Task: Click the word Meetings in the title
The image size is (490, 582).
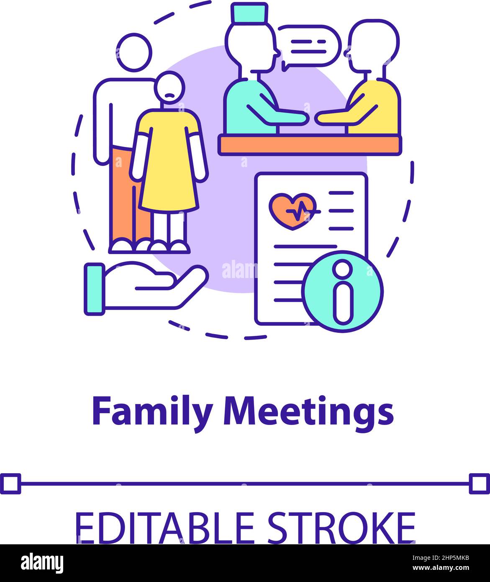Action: pos(308,412)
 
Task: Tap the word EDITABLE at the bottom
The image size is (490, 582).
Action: pos(164,527)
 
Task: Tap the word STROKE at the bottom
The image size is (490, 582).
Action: pos(341,527)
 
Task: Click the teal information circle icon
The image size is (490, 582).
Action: pos(343,291)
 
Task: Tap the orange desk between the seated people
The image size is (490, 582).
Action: pos(309,145)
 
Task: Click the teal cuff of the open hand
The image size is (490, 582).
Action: pos(95,288)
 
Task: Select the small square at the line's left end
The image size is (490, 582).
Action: pos(10,484)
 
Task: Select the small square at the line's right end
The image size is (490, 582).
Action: pos(479,484)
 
